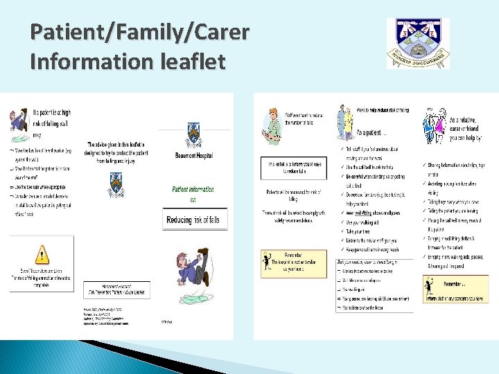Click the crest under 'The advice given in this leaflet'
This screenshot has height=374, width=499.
[x=114, y=184]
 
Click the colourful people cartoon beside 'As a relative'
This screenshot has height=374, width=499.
[x=435, y=124]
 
